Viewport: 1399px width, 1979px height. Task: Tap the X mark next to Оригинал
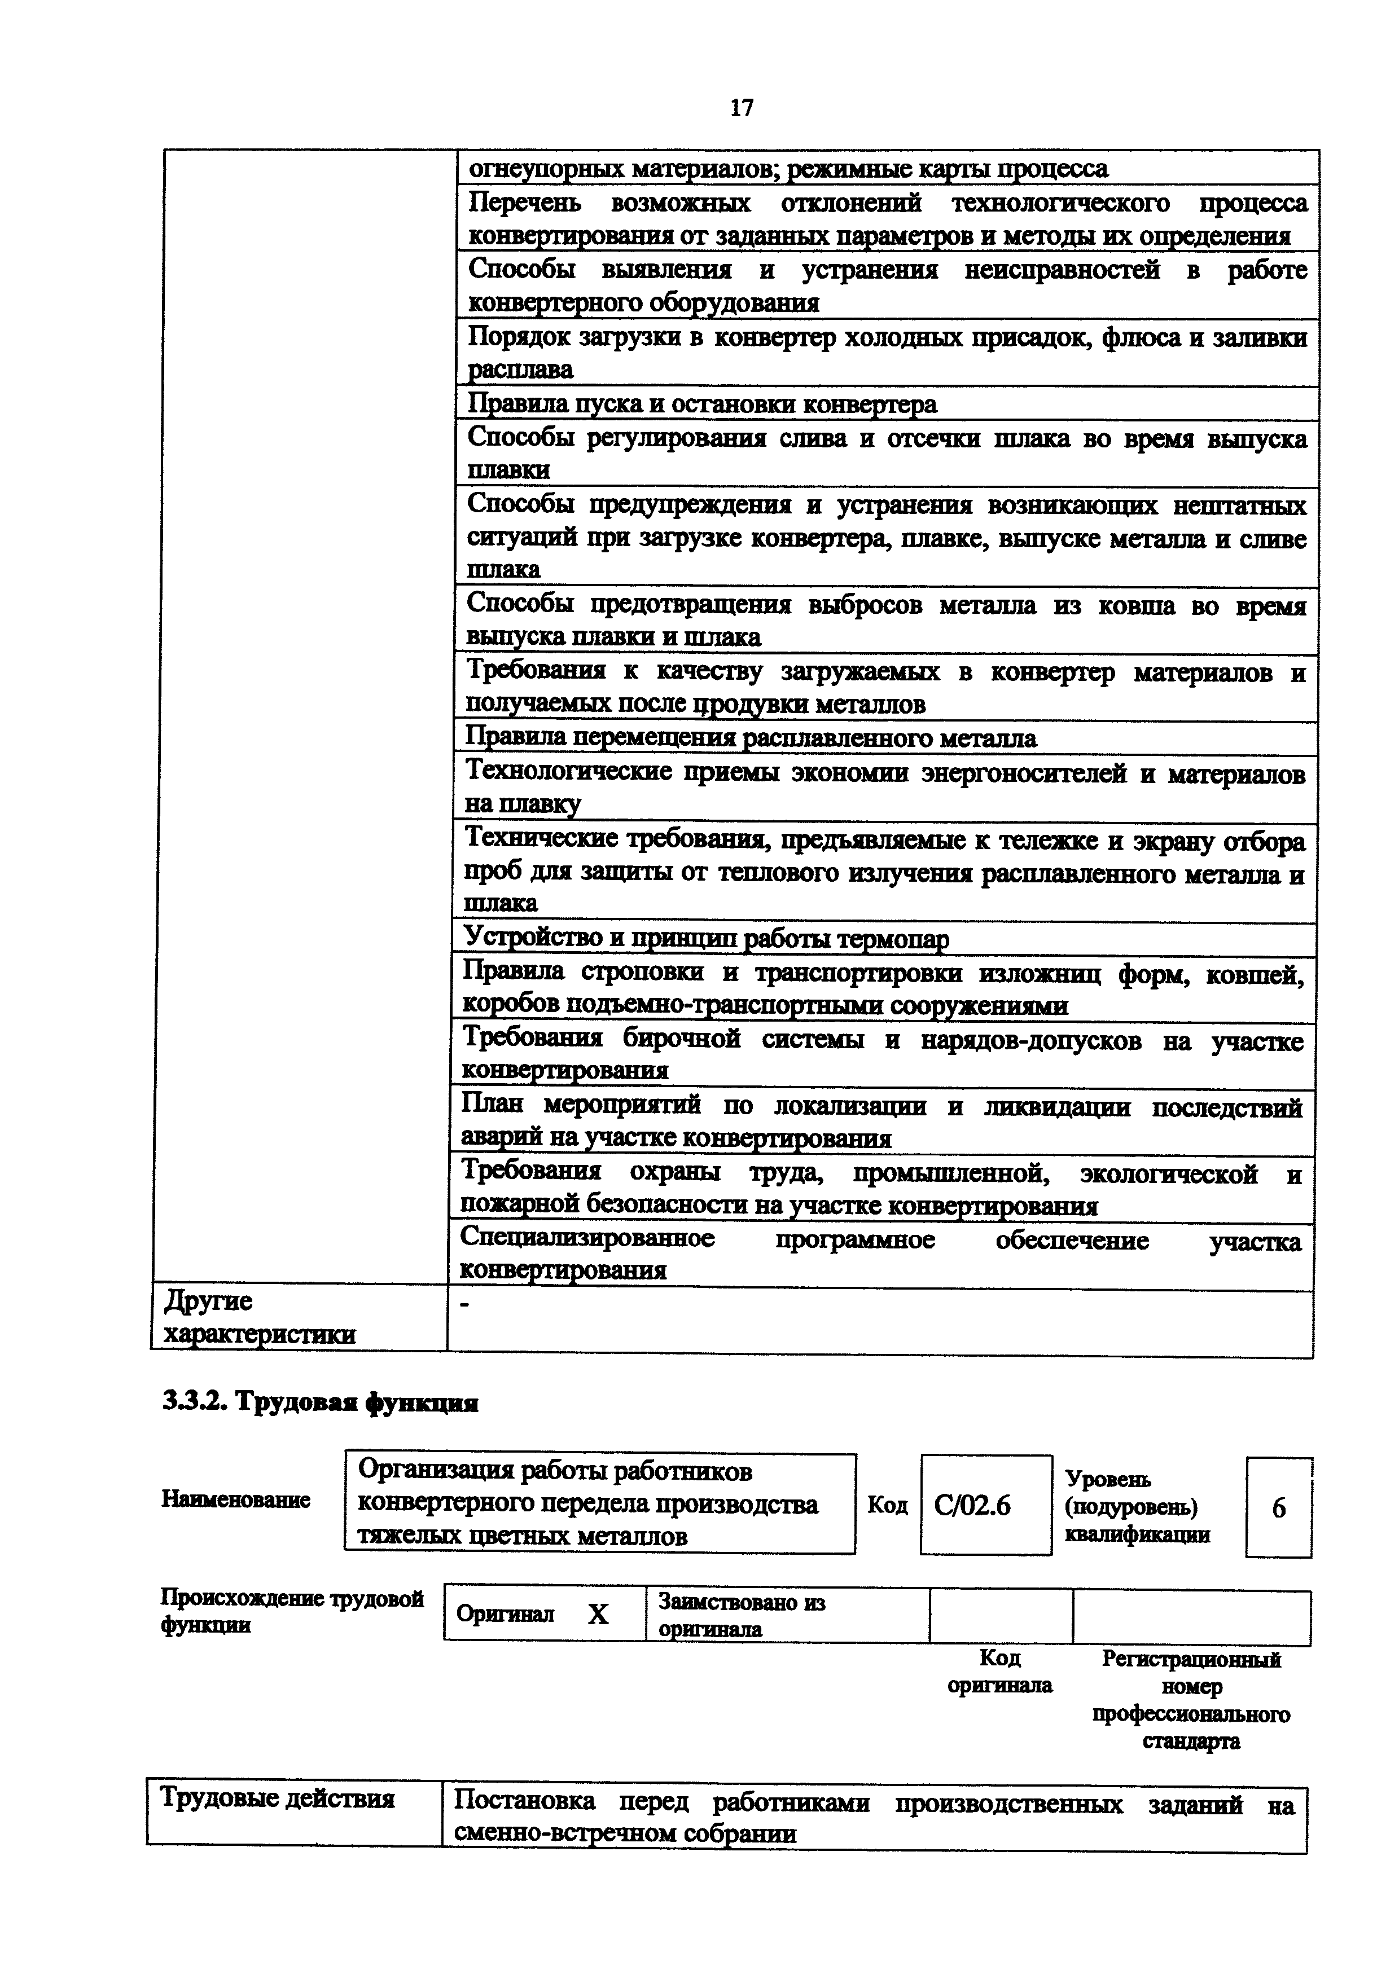point(598,1615)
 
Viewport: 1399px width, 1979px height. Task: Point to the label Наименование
point(235,1500)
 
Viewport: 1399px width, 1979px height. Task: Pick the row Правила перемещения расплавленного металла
point(751,738)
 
